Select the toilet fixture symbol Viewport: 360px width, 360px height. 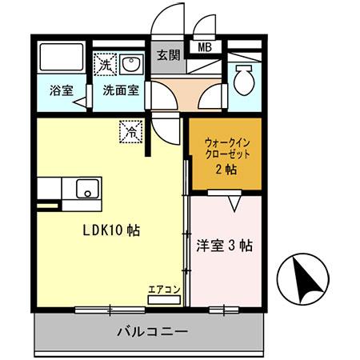click(243, 76)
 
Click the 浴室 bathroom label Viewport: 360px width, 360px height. click(60, 90)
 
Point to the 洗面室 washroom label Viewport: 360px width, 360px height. click(120, 90)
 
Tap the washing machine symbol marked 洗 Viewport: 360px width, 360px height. click(105, 63)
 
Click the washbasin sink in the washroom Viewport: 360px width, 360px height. click(130, 63)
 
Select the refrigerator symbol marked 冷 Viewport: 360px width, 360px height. click(130, 130)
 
